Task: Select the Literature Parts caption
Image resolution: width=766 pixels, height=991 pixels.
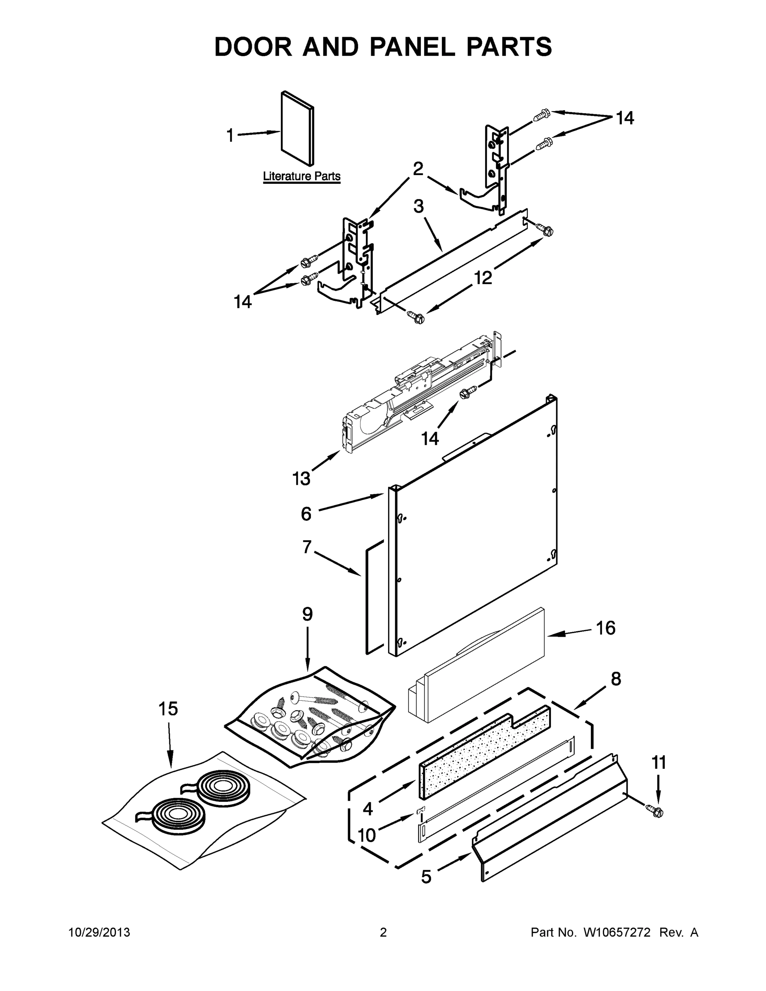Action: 301,176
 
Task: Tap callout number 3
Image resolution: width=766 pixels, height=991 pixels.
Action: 418,206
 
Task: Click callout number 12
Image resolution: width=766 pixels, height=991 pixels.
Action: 483,278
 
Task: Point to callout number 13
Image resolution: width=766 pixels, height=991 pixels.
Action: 301,478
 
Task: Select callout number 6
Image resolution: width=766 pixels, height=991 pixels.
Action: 306,514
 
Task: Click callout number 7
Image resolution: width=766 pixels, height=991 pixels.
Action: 307,547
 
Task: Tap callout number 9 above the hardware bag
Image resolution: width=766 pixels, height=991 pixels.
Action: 307,614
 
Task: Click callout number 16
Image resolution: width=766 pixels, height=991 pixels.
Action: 605,628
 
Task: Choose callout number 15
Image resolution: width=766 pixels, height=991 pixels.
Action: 168,709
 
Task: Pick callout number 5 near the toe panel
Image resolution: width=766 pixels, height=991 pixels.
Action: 426,877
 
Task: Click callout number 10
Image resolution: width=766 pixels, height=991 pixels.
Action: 367,835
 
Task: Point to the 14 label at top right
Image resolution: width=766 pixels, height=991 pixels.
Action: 624,118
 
